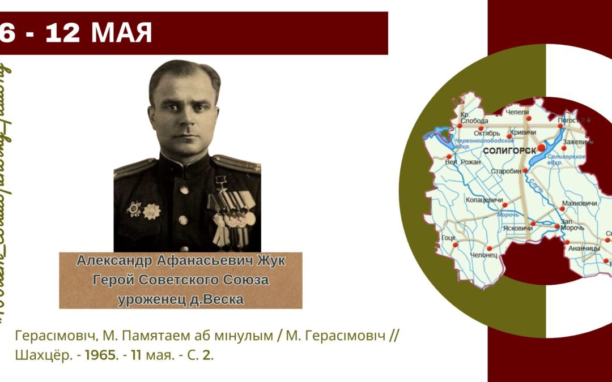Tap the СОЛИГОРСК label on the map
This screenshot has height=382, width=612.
click(x=508, y=152)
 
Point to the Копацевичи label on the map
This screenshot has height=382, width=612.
click(x=484, y=200)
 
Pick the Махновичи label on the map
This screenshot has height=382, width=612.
click(x=579, y=203)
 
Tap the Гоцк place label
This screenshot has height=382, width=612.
click(x=448, y=238)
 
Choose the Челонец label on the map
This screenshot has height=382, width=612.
click(x=484, y=255)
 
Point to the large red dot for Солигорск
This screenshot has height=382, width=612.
click(x=541, y=147)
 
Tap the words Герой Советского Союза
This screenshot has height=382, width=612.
click(x=181, y=280)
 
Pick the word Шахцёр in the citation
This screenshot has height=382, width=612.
click(x=36, y=357)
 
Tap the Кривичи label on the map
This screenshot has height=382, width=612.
click(x=523, y=132)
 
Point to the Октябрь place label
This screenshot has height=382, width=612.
click(x=487, y=133)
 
